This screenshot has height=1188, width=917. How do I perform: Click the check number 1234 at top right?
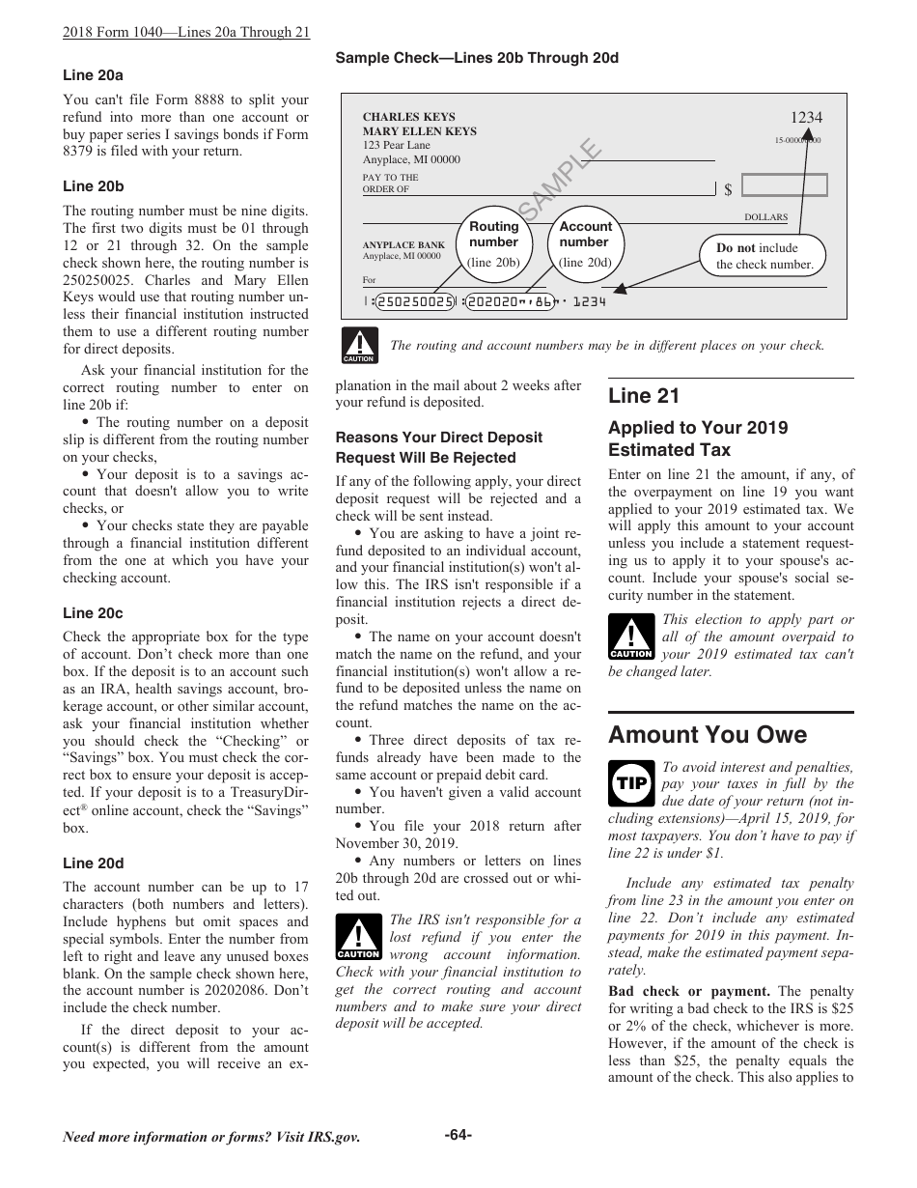pyautogui.click(x=806, y=118)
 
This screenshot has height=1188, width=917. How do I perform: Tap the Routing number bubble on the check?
pyautogui.click(x=493, y=242)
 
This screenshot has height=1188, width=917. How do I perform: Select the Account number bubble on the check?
pyautogui.click(x=585, y=242)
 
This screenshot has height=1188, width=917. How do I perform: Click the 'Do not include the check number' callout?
pyautogui.click(x=764, y=256)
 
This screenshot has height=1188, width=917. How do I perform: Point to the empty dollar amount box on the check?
pyautogui.click(x=785, y=185)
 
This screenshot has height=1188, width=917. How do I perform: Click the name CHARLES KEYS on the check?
pyautogui.click(x=408, y=117)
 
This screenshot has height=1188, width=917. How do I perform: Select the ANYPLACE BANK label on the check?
pyautogui.click(x=403, y=245)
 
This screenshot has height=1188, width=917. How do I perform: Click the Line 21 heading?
pyautogui.click(x=644, y=395)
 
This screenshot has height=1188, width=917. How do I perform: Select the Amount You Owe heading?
pyautogui.click(x=708, y=735)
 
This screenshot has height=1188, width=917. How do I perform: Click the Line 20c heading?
pyautogui.click(x=93, y=613)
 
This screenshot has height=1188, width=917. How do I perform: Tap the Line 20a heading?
pyautogui.click(x=93, y=75)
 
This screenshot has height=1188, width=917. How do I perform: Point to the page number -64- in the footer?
pyautogui.click(x=458, y=1135)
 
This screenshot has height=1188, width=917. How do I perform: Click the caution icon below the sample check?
pyautogui.click(x=358, y=346)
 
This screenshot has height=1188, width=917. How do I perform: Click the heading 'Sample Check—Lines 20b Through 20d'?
pyautogui.click(x=477, y=58)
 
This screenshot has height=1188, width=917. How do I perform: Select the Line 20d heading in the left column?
pyautogui.click(x=93, y=863)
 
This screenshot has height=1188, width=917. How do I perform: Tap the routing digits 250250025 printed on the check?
pyautogui.click(x=415, y=302)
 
